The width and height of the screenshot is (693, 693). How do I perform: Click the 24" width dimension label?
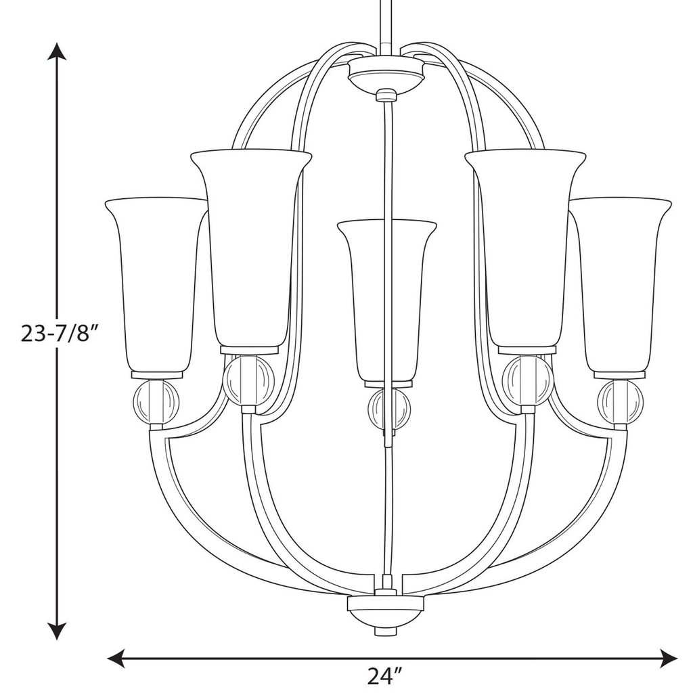click(x=385, y=676)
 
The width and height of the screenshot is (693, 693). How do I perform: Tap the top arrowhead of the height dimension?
click(x=57, y=53)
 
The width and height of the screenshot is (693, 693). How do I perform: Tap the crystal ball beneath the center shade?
click(x=389, y=409)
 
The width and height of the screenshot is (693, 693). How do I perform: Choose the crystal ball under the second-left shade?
click(x=248, y=380)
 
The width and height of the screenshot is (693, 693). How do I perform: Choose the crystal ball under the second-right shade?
click(x=528, y=380)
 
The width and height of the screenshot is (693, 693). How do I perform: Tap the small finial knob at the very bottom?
click(x=385, y=630)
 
